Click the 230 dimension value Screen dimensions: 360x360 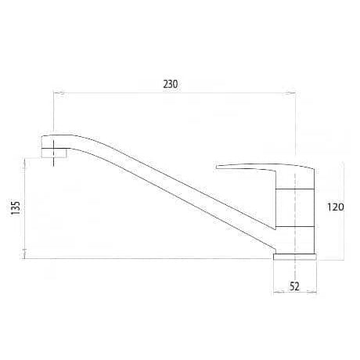click(171, 85)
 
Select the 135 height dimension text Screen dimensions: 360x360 click(16, 208)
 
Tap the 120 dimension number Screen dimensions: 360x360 click(336, 207)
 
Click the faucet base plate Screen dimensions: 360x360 click(295, 257)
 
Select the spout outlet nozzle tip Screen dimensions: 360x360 click(54, 153)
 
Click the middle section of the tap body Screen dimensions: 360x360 click(294, 207)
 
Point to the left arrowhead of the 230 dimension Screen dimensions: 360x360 click(59, 92)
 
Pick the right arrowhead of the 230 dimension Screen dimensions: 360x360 click(290, 92)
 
